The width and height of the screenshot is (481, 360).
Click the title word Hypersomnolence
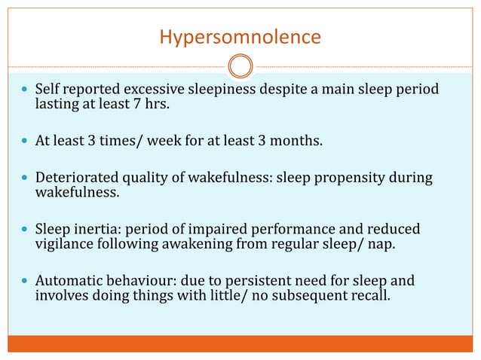[x=240, y=36]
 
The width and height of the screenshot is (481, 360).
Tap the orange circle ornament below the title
[x=240, y=66]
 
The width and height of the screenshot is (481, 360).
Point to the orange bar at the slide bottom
[x=240, y=343]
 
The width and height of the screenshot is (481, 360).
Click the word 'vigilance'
[x=63, y=243]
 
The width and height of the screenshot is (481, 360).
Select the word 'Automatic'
[x=66, y=280]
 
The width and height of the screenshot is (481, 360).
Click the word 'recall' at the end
[x=371, y=294]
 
